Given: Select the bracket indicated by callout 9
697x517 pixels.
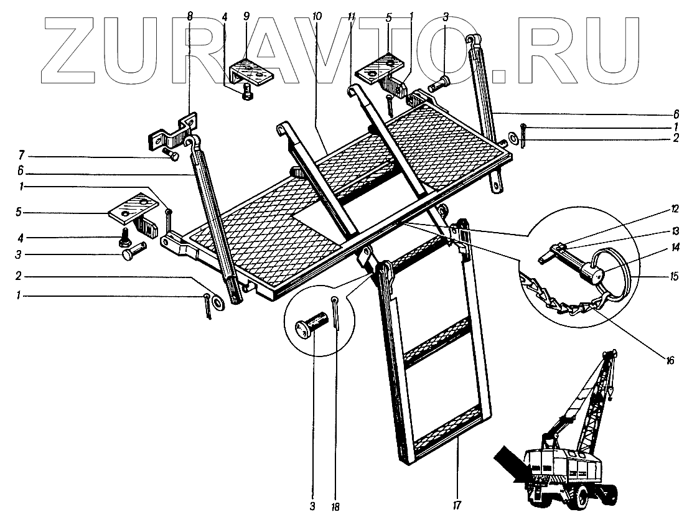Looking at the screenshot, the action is pyautogui.click(x=252, y=73).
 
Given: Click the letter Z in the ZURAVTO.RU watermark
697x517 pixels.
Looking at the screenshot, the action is pyautogui.click(x=75, y=47).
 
